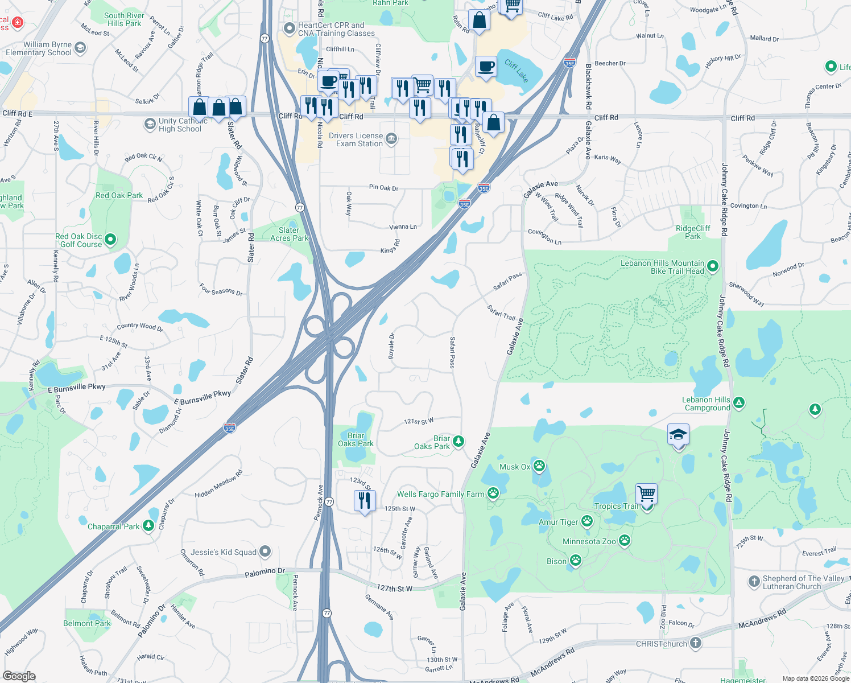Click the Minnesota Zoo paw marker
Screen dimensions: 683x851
pyautogui.click(x=625, y=541)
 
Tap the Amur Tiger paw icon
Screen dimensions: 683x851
pyautogui.click(x=586, y=521)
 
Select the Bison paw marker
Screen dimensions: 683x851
pyautogui.click(x=576, y=561)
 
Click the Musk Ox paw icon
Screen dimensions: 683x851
pyautogui.click(x=539, y=467)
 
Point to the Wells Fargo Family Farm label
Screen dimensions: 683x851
pyautogui.click(x=440, y=494)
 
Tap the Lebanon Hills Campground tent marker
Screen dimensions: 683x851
pyautogui.click(x=738, y=404)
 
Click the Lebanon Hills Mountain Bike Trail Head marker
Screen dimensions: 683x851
pyautogui.click(x=713, y=266)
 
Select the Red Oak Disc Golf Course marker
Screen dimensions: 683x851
pyautogui.click(x=110, y=240)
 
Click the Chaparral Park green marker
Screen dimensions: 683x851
pyautogui.click(x=148, y=526)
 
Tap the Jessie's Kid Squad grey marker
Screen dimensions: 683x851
pyautogui.click(x=265, y=552)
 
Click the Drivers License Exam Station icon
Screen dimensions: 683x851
pyautogui.click(x=391, y=139)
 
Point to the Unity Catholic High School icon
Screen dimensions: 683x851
pyautogui.click(x=150, y=124)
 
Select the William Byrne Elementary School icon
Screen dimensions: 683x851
pyautogui.click(x=80, y=48)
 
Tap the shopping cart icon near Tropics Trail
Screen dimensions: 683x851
pyautogui.click(x=646, y=493)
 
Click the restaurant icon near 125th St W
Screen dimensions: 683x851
pyautogui.click(x=364, y=500)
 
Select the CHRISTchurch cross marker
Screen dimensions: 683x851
pyautogui.click(x=695, y=643)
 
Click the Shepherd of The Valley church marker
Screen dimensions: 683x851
pyautogui.click(x=754, y=582)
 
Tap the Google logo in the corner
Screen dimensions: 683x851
pyautogui.click(x=19, y=676)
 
